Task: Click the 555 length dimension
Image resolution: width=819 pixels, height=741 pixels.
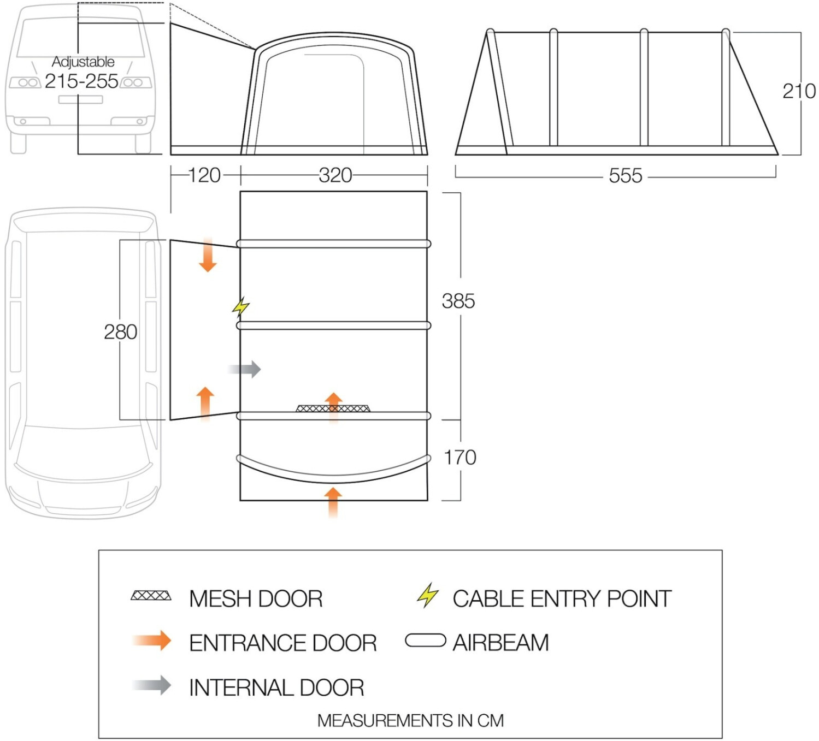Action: click(x=625, y=176)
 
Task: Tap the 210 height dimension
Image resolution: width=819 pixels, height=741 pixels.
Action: click(x=799, y=91)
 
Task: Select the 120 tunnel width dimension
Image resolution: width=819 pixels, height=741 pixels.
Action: click(x=204, y=175)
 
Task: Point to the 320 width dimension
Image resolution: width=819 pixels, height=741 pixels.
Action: click(x=335, y=175)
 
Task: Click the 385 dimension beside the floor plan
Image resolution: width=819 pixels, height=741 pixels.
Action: click(x=458, y=301)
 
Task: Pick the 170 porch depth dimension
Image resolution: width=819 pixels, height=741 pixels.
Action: click(x=459, y=458)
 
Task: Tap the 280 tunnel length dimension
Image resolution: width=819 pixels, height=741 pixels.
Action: click(x=120, y=332)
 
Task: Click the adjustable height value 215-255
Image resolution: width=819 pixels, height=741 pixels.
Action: click(x=81, y=81)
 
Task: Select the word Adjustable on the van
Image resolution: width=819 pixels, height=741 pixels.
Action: click(x=83, y=62)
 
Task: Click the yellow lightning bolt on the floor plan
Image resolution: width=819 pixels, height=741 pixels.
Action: click(x=240, y=307)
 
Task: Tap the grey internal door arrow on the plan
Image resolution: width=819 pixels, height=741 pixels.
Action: click(x=245, y=369)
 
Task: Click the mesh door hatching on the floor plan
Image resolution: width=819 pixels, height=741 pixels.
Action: click(x=332, y=408)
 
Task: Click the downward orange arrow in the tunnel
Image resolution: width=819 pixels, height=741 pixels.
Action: click(x=208, y=256)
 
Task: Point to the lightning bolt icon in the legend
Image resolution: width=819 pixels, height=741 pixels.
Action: click(x=427, y=595)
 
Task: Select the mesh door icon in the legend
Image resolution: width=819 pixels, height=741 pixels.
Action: click(x=151, y=595)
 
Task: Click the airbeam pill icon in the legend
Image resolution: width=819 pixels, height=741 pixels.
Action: click(x=425, y=641)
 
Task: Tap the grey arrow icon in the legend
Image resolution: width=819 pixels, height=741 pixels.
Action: click(x=153, y=685)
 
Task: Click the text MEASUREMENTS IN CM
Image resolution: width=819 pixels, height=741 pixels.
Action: click(x=410, y=721)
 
